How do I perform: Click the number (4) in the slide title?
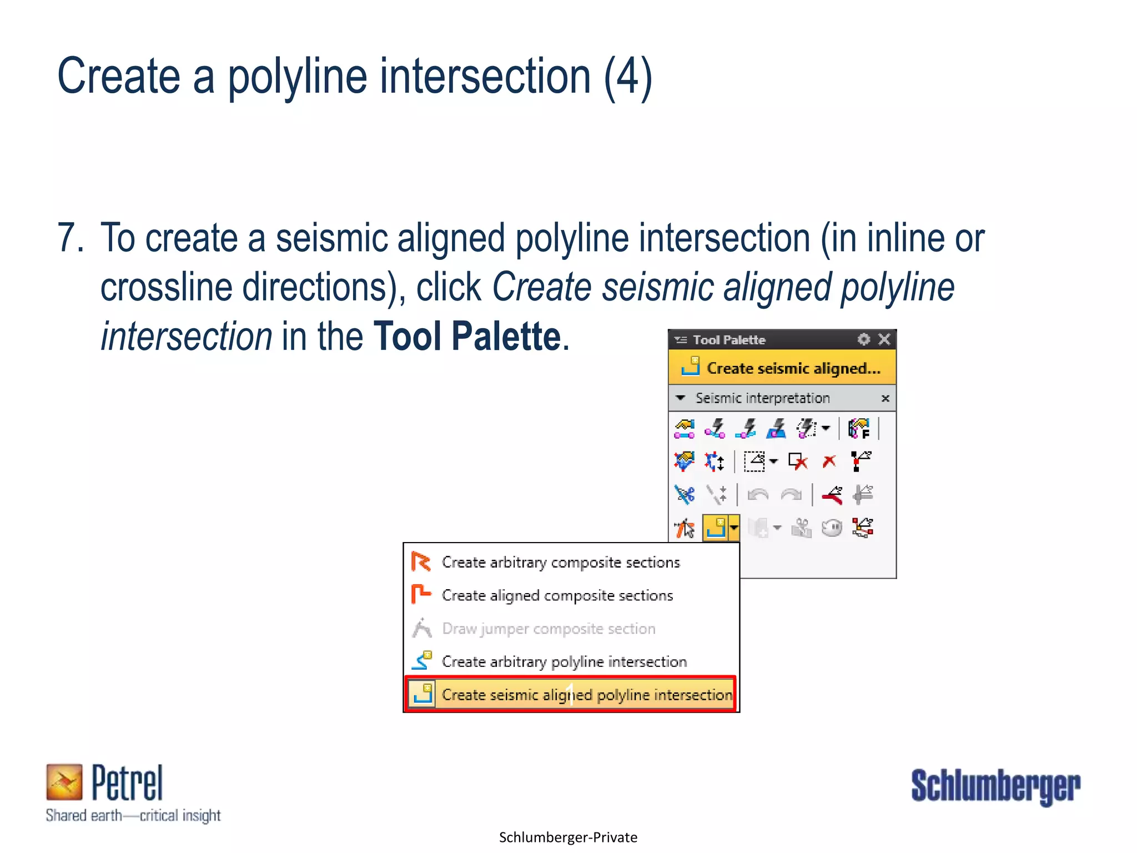pos(627,77)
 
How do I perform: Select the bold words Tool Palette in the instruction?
pos(467,337)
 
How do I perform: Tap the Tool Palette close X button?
pos(884,339)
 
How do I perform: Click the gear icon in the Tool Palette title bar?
pos(863,339)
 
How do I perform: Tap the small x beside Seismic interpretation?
pos(886,399)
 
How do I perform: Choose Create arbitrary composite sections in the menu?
pos(560,563)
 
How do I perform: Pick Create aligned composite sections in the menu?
pos(557,595)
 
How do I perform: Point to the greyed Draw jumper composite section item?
pos(548,629)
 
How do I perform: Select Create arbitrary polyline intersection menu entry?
pos(564,662)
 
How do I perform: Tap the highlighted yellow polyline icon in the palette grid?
pos(716,528)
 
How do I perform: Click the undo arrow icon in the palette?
pos(758,494)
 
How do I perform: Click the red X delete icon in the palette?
pos(829,461)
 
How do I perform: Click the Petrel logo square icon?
pos(64,782)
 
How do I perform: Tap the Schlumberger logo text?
pos(995,786)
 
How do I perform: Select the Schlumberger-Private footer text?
pos(568,837)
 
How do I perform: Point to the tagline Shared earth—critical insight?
pos(133,815)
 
